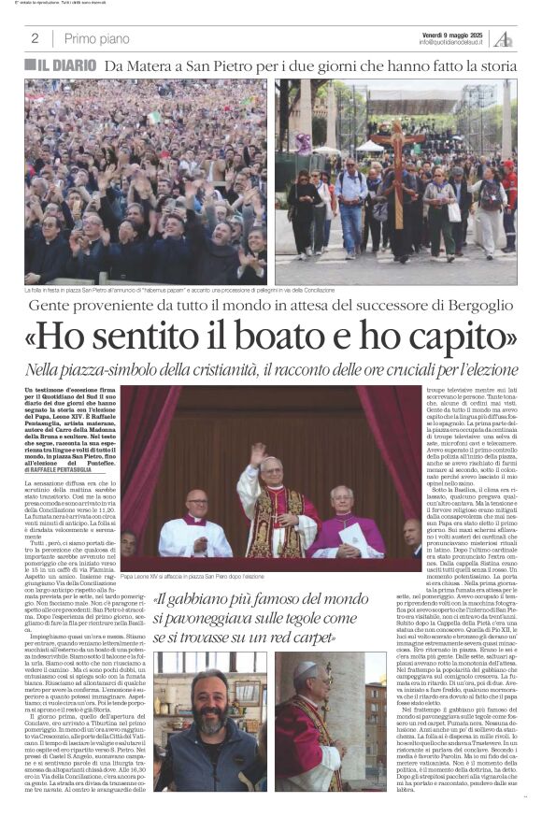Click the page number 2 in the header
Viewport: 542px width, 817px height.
35,38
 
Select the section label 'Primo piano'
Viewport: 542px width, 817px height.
97,38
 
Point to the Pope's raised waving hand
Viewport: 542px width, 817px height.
256,453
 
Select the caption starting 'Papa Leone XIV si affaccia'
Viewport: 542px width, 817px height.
220,578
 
